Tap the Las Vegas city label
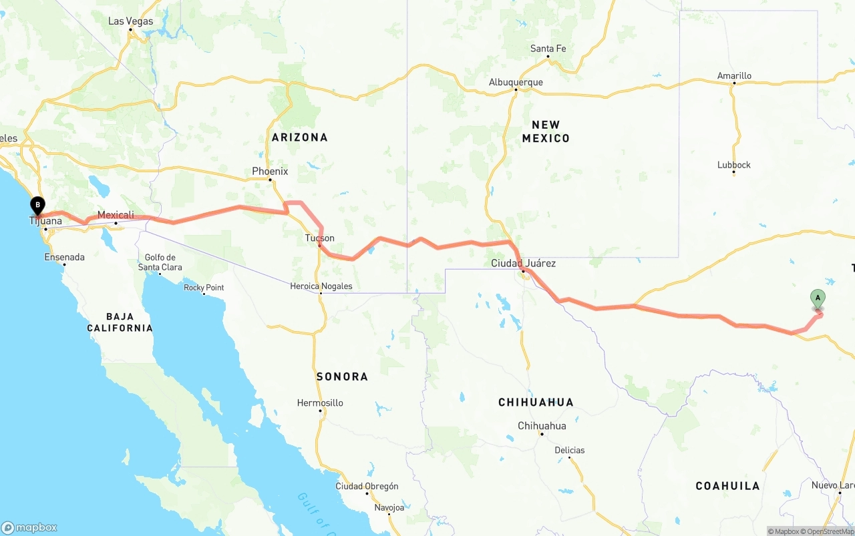[x=130, y=21]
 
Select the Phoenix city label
[x=270, y=172]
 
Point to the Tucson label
[x=320, y=238]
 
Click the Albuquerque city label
[x=516, y=83]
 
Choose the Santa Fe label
[x=548, y=49]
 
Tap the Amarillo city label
[x=734, y=76]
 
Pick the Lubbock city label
[x=734, y=165]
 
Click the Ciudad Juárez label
[x=523, y=264]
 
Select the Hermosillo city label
[x=320, y=403]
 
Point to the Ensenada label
[x=64, y=257]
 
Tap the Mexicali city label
[x=116, y=215]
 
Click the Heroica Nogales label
[x=321, y=286]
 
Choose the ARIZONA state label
[x=300, y=138]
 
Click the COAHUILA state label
[x=727, y=486]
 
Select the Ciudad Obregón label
[x=367, y=486]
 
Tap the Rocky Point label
[x=204, y=288]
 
